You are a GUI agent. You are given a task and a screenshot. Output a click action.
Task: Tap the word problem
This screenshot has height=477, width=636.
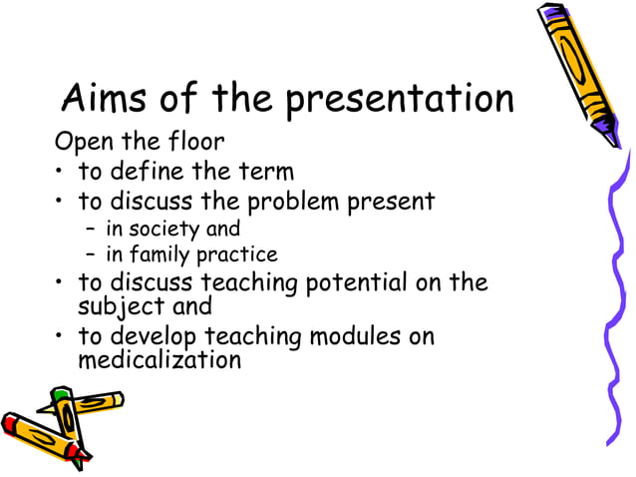[292, 203]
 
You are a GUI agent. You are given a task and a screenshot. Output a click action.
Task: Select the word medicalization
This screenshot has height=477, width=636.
[160, 359]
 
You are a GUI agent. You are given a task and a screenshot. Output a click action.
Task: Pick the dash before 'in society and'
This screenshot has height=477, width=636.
[89, 231]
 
